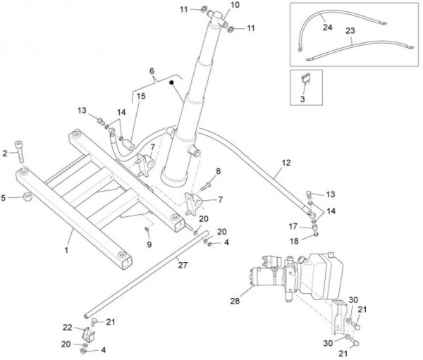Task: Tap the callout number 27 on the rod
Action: point(183,266)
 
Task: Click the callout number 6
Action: point(152,72)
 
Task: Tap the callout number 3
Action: point(304,101)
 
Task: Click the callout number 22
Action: point(68,327)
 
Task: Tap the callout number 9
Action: point(149,244)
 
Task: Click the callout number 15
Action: point(142,96)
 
